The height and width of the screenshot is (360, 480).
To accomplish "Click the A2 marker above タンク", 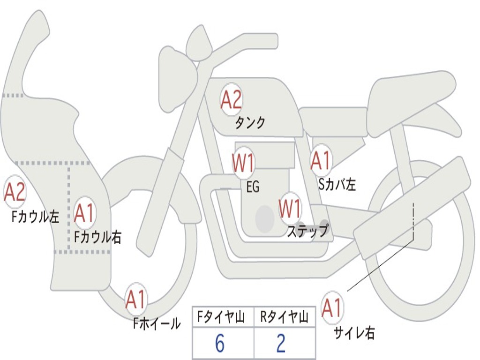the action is click(232, 99).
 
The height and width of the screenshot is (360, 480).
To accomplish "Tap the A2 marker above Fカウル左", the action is click(15, 192).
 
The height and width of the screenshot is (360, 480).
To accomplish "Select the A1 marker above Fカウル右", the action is click(84, 213).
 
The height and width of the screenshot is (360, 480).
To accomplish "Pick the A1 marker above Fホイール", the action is click(136, 299).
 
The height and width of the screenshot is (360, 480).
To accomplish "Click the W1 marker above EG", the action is click(243, 163).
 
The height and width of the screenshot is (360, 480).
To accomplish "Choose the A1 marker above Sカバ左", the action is click(321, 160).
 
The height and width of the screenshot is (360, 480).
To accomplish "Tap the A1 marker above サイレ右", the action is click(332, 307).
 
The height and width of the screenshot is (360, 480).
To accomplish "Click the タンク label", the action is click(250, 123).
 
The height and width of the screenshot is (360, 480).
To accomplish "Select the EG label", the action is click(253, 187).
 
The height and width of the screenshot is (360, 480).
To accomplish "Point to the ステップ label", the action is click(307, 231).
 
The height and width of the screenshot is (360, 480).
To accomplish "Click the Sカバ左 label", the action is click(337, 184).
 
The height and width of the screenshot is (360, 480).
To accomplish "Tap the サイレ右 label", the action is click(354, 332).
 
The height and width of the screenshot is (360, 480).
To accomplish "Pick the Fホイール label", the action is click(157, 323).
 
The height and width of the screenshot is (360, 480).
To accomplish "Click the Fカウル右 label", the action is click(98, 237).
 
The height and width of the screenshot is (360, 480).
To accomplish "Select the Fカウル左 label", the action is click(35, 217).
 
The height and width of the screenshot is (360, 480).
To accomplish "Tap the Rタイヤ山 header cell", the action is click(285, 316).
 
